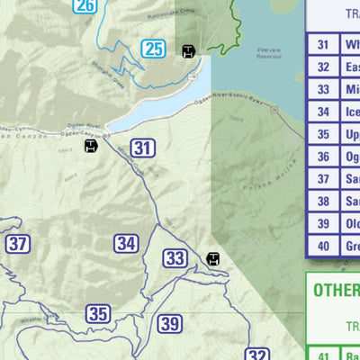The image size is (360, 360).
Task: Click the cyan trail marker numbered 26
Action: (85, 6)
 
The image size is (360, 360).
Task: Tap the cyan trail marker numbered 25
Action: (154, 49)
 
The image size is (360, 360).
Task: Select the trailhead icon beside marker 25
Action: (188, 50)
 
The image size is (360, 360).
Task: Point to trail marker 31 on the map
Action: (142, 148)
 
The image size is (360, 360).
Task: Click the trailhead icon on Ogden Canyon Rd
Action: (91, 145)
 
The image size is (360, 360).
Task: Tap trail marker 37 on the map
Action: (18, 243)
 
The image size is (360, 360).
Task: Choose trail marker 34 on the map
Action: (126, 243)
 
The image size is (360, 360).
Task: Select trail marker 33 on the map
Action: (175, 259)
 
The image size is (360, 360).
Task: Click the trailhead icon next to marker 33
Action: (213, 259)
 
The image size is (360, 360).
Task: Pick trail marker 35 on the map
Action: (98, 314)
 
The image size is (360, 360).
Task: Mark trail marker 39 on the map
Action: (170, 324)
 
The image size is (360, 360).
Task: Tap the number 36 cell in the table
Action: (323, 157)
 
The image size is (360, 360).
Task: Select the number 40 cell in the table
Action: (323, 246)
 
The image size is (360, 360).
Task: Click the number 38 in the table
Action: (323, 201)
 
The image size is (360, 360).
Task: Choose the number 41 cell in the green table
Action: (323, 354)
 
